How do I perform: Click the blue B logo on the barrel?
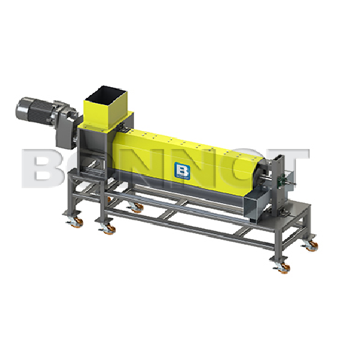coord(180,170)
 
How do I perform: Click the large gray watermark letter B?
coord(43,167)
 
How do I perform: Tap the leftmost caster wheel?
coord(73,225)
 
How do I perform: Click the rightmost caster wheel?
coord(312,246)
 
